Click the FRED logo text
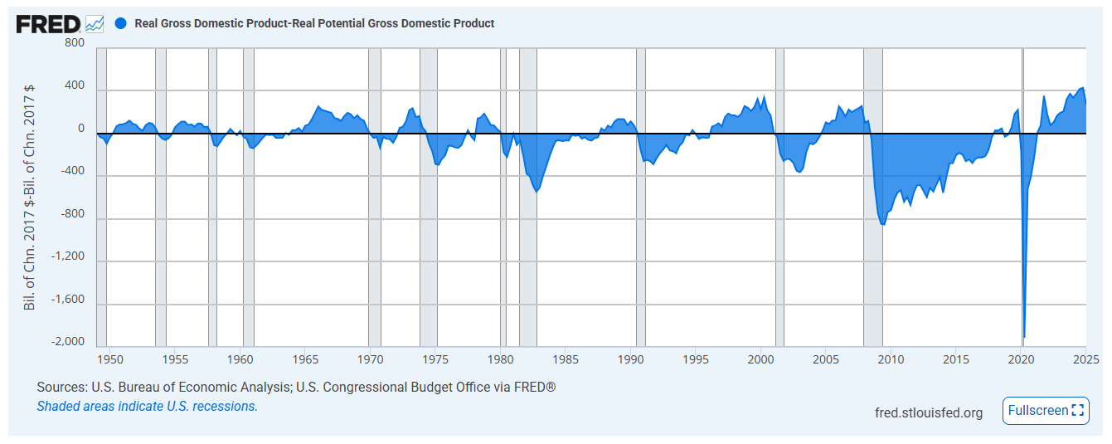[x=49, y=23]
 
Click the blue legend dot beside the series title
[x=120, y=23]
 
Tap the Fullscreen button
[x=1045, y=410]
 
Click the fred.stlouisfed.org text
[x=929, y=412]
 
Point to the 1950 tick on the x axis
[x=110, y=359]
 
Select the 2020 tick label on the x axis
[x=1022, y=359]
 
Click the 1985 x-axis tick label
[x=566, y=359]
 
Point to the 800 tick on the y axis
[x=75, y=43]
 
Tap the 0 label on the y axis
[x=81, y=129]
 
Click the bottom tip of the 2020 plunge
[x=1025, y=337]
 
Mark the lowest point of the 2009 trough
[x=883, y=224]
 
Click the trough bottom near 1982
[x=537, y=192]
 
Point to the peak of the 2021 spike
[x=1044, y=96]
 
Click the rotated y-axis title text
[x=30, y=197]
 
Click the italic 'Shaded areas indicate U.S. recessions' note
[x=148, y=407]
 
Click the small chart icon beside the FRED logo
[x=95, y=23]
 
